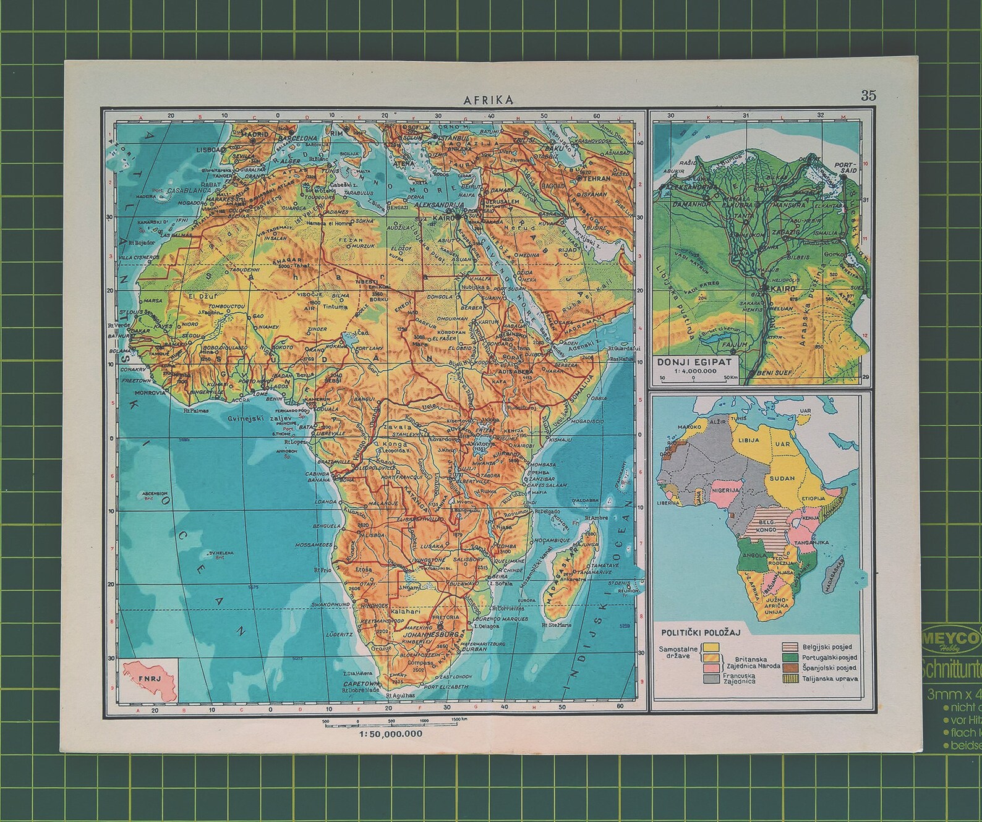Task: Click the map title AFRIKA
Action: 489,100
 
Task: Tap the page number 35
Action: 868,95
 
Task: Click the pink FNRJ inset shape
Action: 150,680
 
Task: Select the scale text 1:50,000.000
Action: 390,734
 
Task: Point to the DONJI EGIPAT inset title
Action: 694,363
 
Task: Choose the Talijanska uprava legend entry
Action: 830,679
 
